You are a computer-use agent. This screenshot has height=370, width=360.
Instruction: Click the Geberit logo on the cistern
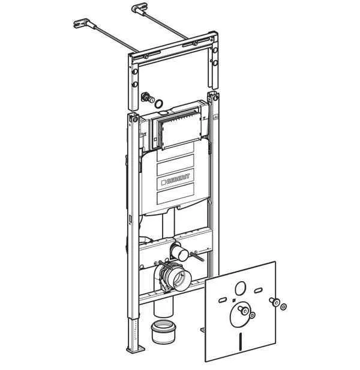point(176,179)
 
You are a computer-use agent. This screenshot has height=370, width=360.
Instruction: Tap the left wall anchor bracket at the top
point(82,23)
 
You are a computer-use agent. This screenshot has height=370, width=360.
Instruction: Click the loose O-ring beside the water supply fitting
point(159,103)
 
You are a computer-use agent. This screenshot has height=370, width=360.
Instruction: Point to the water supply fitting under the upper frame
point(147,98)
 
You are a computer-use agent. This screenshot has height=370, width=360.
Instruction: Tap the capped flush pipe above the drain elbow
point(179,252)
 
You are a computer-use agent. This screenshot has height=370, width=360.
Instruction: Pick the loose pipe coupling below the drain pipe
point(163,332)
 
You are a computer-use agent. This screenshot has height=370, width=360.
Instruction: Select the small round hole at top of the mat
point(241,288)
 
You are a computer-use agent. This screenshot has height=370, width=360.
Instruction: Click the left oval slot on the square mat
point(223,300)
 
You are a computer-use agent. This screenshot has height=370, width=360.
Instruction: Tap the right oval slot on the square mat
point(259,290)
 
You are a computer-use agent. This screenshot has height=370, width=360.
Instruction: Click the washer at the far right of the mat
point(283,307)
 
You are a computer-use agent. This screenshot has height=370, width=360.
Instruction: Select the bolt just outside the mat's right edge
point(274,302)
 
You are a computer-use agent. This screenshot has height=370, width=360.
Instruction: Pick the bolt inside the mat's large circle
point(243,309)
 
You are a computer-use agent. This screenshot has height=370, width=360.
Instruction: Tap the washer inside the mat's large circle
point(252,315)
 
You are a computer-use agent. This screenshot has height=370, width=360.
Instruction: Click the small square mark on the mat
point(233,300)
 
